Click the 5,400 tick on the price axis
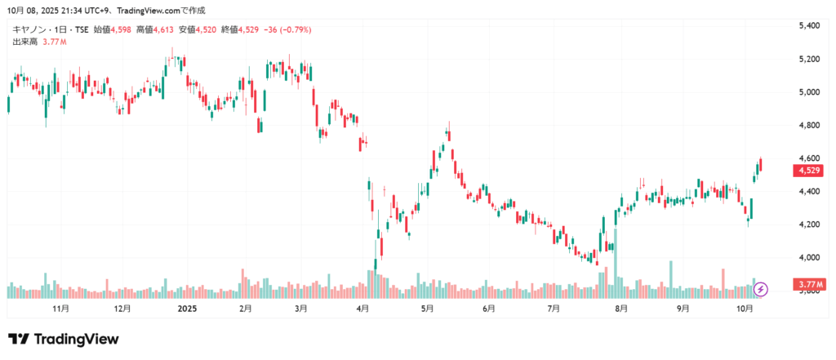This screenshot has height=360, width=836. [x=810, y=26]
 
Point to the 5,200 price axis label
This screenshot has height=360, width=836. [x=810, y=59]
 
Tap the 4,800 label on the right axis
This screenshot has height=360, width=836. [x=810, y=125]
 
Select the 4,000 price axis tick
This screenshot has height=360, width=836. [x=810, y=257]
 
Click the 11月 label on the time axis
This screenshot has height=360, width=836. [x=60, y=309]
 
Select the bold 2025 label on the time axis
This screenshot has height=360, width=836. [x=188, y=309]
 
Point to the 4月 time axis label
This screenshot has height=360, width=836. [x=363, y=309]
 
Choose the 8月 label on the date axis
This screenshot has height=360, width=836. [x=621, y=309]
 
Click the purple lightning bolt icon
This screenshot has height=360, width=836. [x=761, y=288]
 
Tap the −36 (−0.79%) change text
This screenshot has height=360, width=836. [x=284, y=29]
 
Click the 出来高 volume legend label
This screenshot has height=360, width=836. [x=22, y=41]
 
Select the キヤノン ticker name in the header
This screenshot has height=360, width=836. [x=29, y=29]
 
